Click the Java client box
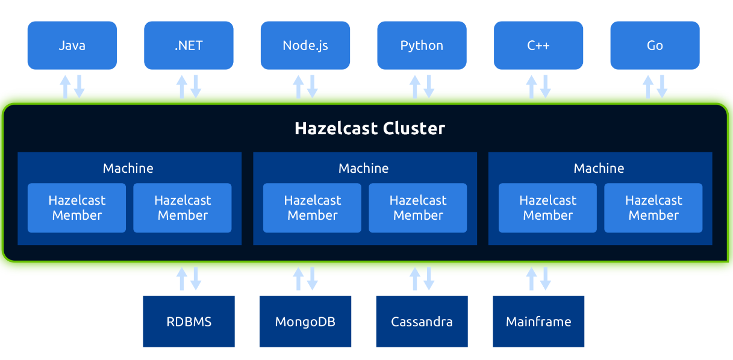[x=72, y=46]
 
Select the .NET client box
[x=189, y=46]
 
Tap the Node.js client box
[x=305, y=46]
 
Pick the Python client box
[x=422, y=46]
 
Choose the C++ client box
[x=538, y=46]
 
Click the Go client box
[x=655, y=46]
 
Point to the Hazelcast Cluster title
[x=369, y=128]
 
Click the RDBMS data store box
[x=189, y=321]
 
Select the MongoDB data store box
[x=305, y=321]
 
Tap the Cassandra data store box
[x=422, y=321]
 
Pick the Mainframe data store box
[x=538, y=321]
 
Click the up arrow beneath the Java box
[x=65, y=87]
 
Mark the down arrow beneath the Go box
[x=662, y=87]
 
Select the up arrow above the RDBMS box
[x=182, y=279]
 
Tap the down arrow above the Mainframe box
[x=545, y=279]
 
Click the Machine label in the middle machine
[x=363, y=168]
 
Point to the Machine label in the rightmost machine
[x=599, y=168]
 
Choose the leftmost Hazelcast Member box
[x=76, y=208]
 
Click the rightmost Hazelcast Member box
[x=653, y=208]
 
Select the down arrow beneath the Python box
[x=429, y=87]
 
